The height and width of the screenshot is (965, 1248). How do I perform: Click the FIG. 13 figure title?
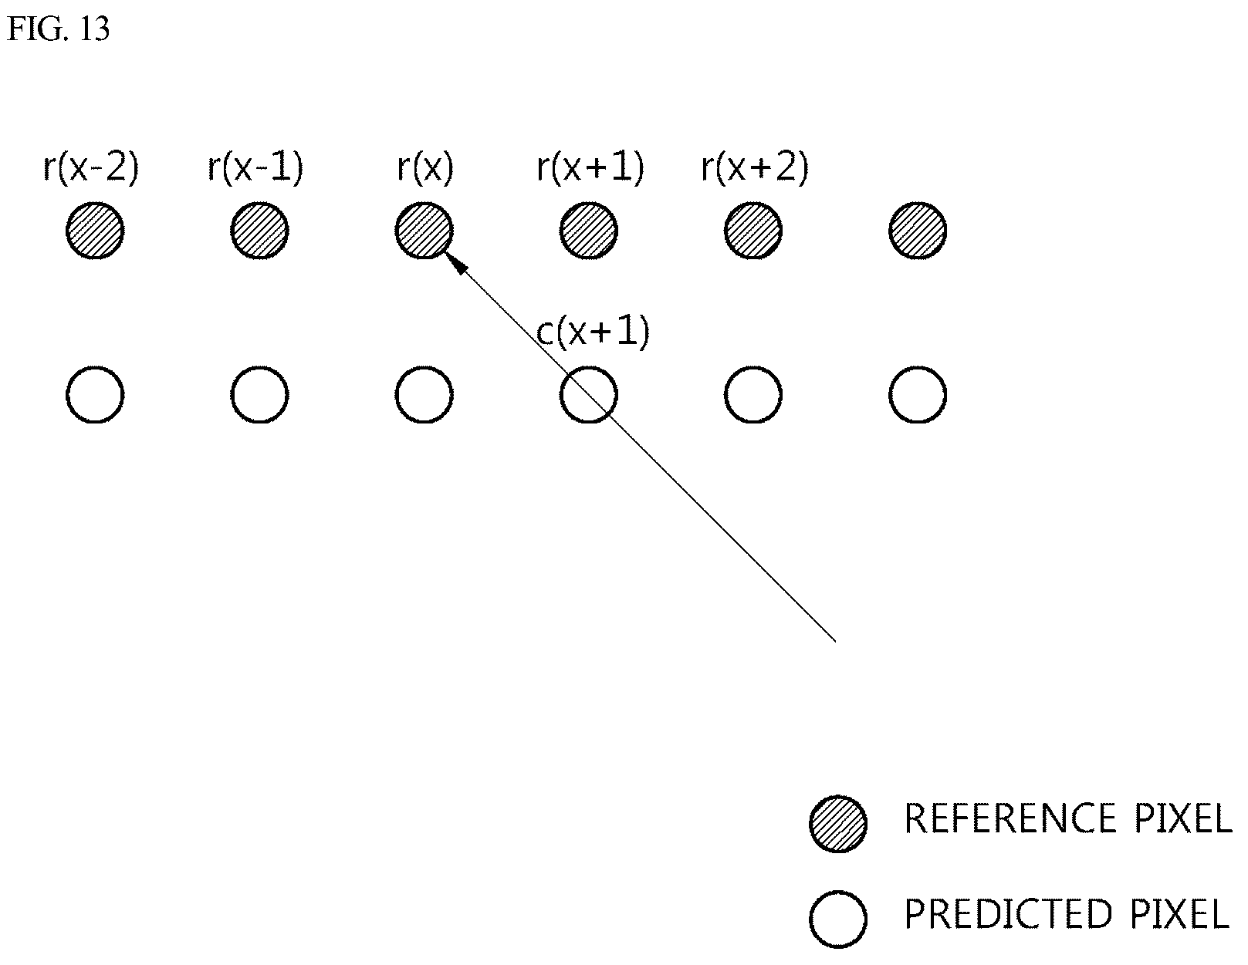(58, 29)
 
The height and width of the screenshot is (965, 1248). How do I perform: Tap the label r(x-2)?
(91, 167)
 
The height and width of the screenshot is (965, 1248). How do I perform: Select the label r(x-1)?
(255, 167)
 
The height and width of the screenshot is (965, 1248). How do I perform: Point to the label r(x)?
(425, 167)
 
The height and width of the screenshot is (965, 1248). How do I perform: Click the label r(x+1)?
(590, 167)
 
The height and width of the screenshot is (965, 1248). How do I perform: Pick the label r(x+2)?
(755, 167)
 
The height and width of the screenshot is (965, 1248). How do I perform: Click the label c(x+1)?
(593, 332)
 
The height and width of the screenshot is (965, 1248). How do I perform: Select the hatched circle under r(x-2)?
(95, 231)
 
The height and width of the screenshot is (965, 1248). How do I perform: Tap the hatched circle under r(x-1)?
(259, 231)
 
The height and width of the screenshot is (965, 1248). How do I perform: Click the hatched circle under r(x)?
(424, 231)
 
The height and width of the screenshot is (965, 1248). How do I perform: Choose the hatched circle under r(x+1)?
(589, 231)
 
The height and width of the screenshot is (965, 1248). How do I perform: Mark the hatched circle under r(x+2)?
(753, 231)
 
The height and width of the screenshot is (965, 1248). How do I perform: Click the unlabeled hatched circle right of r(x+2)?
(918, 231)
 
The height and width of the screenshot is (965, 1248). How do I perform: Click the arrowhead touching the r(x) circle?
(457, 263)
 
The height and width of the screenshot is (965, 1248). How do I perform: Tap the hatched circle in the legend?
(838, 824)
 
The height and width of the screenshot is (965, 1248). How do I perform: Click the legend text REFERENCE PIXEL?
(1068, 818)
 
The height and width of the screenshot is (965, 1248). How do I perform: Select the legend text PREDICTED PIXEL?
(1067, 915)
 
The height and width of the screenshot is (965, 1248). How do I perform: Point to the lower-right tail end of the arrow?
(835, 641)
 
